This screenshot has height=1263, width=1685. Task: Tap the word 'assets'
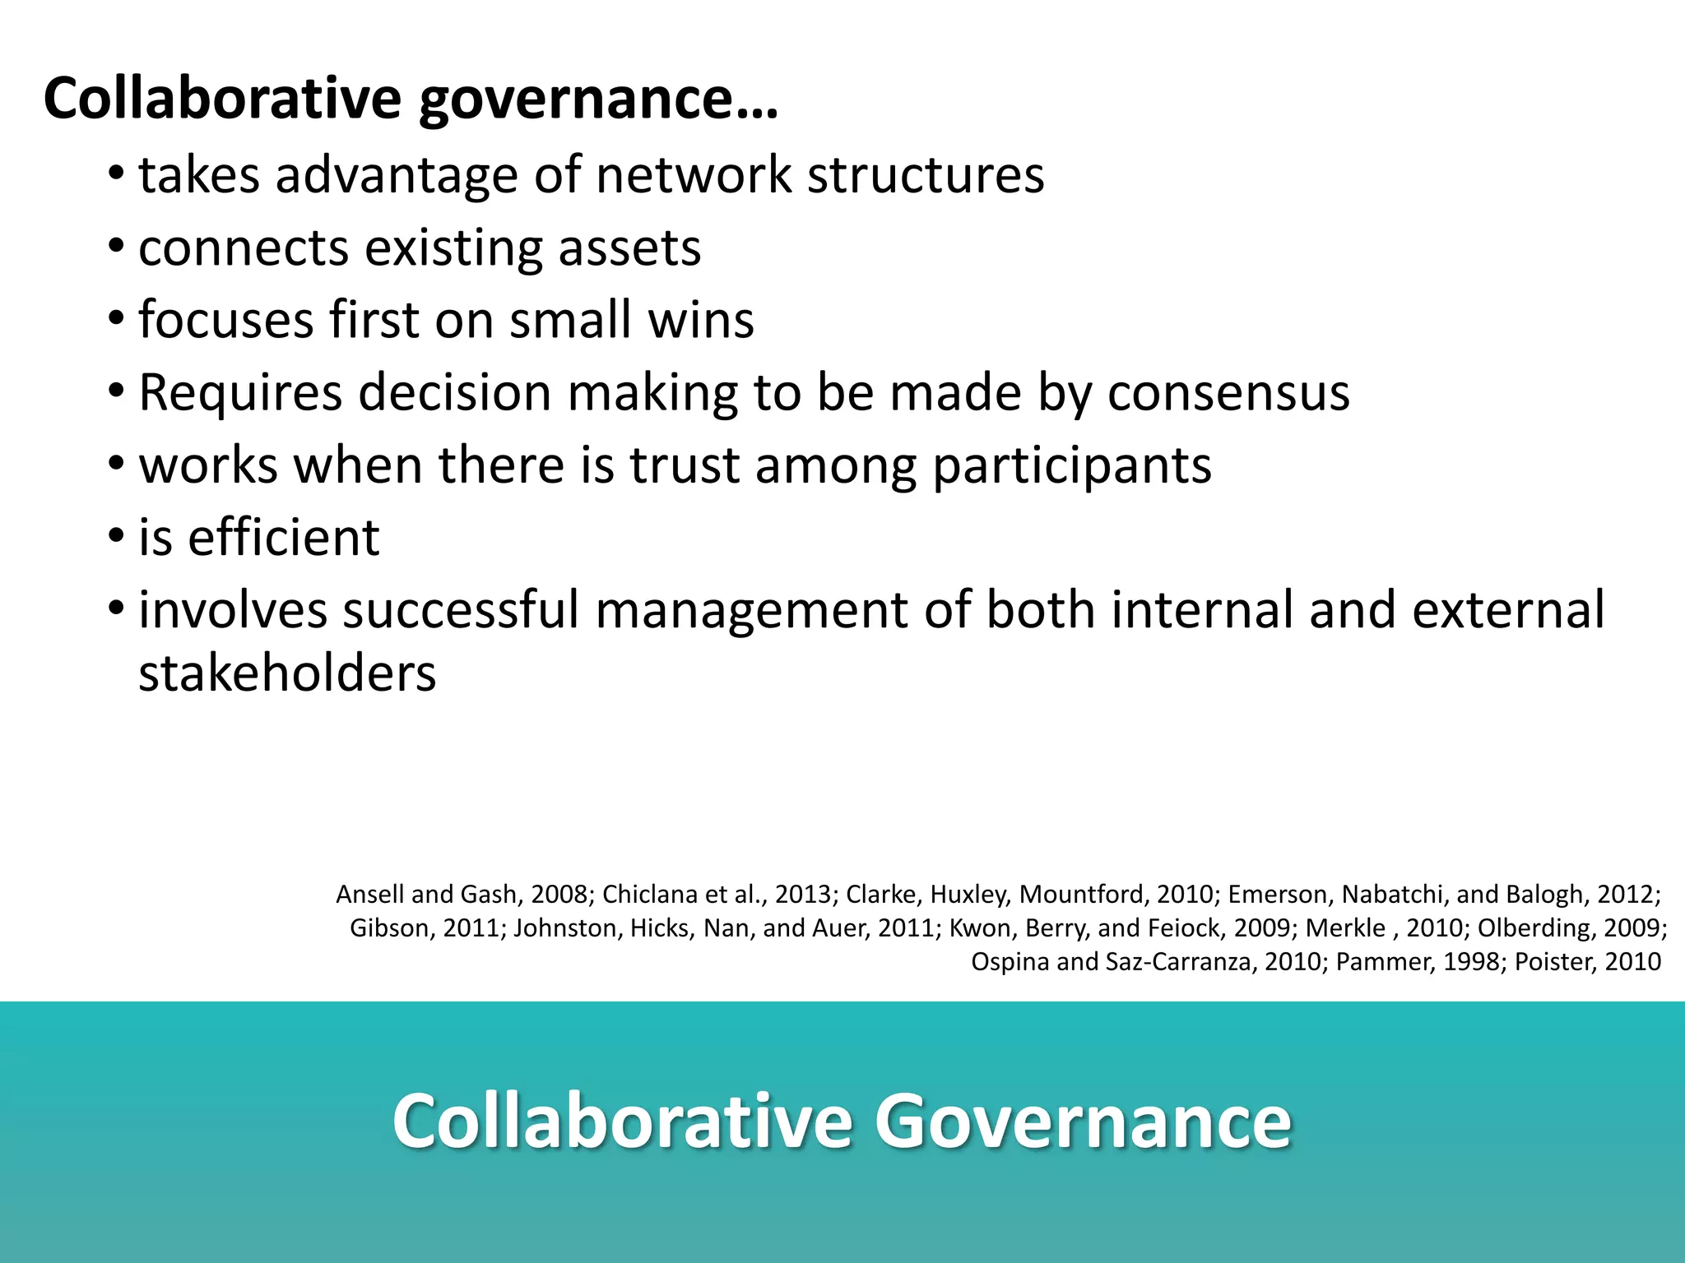pyautogui.click(x=629, y=248)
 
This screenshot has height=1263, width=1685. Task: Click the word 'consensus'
pyautogui.click(x=1228, y=392)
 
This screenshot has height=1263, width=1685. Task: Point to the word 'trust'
pyautogui.click(x=685, y=465)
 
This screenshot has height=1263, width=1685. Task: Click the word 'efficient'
pyautogui.click(x=284, y=538)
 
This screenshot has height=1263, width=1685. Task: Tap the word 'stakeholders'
pyautogui.click(x=287, y=673)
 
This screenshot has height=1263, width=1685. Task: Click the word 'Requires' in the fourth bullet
pyautogui.click(x=240, y=392)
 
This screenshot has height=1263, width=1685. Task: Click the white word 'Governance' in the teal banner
pyautogui.click(x=1083, y=1121)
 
